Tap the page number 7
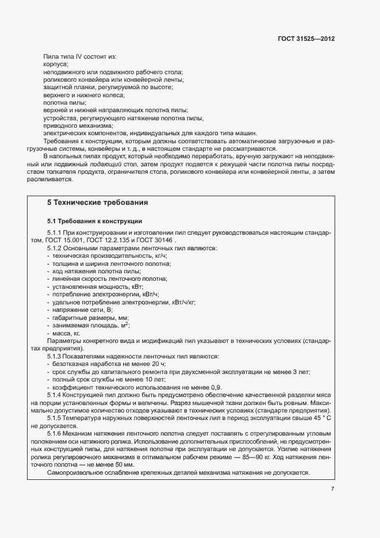[332, 489]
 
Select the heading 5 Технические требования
[97, 203]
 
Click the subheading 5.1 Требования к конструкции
[94, 221]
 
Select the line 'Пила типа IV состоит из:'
[80, 56]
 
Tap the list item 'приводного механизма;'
[78, 125]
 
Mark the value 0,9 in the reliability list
[216, 387]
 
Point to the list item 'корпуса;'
[56, 64]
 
